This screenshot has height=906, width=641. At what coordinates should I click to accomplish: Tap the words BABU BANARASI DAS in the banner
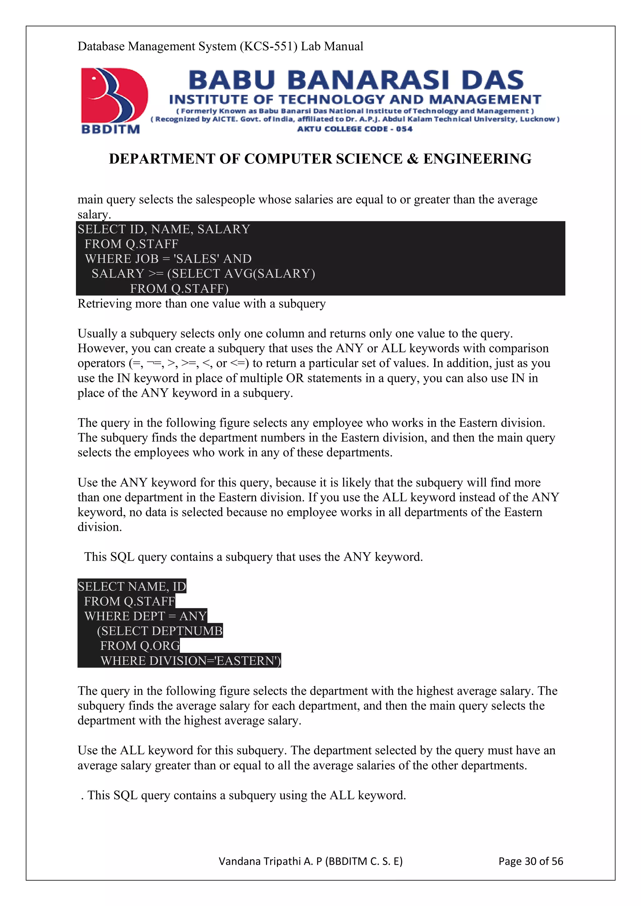pyautogui.click(x=356, y=80)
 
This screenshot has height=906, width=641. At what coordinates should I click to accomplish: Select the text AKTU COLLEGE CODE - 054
pyautogui.click(x=354, y=129)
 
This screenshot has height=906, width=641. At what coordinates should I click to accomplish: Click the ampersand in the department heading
pyautogui.click(x=413, y=159)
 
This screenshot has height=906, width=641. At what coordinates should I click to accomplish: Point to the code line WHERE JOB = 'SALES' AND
pyautogui.click(x=168, y=259)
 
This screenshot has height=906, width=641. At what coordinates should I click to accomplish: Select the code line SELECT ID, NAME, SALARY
pyautogui.click(x=164, y=229)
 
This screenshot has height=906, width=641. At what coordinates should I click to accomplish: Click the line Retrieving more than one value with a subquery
pyautogui.click(x=201, y=303)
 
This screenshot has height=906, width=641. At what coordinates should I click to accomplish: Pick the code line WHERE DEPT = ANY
pyautogui.click(x=145, y=616)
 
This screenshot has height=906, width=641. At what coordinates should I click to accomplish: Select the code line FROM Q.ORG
pyautogui.click(x=140, y=646)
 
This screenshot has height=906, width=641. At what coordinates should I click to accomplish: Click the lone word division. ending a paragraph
pyautogui.click(x=100, y=527)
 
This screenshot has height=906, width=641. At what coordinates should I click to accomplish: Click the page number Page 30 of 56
pyautogui.click(x=530, y=861)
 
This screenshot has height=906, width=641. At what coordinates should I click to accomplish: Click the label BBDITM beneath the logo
pyautogui.click(x=110, y=130)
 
